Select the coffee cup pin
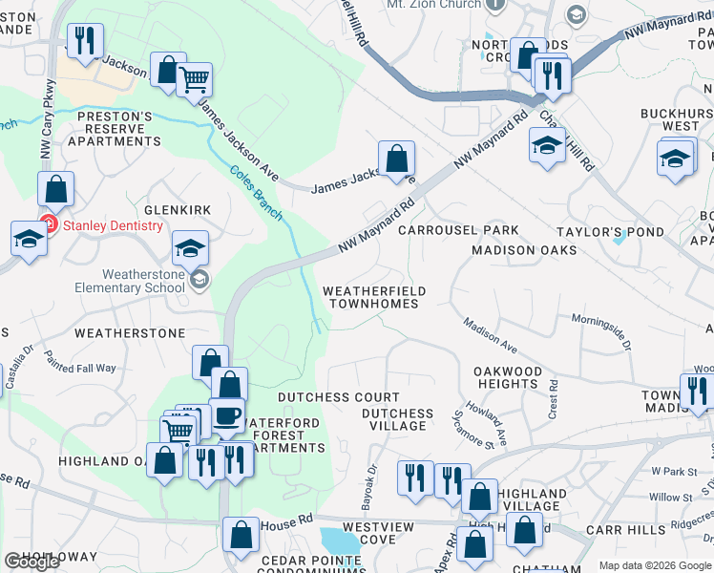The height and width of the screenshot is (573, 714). point(227,415)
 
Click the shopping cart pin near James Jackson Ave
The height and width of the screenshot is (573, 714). point(194,80)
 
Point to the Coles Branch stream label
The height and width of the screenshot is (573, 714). point(256,192)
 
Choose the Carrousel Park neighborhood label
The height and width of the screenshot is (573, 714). point(458,230)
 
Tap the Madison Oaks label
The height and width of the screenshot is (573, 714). point(524,250)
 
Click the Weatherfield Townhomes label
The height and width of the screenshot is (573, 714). point(373,297)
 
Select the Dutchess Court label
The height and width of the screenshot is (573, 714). point(338,397)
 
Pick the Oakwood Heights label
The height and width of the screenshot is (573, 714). point(508,377)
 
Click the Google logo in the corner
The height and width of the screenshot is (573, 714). point(31,562)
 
